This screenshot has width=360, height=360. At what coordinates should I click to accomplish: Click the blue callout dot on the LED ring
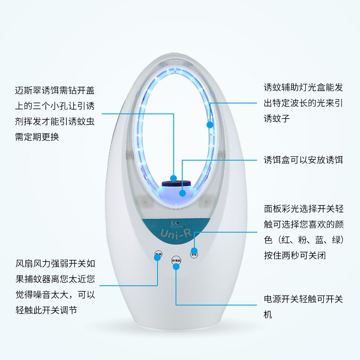point(209,124)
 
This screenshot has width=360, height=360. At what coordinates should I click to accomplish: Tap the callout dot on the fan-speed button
point(158,260)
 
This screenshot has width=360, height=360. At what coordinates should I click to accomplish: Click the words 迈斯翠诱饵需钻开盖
point(55,90)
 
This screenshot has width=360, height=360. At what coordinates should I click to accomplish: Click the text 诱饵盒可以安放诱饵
point(303,160)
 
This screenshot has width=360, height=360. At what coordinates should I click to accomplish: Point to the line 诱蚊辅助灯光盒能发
point(303,88)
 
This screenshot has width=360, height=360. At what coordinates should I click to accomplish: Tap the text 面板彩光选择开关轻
point(303,209)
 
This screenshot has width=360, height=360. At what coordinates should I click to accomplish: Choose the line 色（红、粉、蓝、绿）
point(303,239)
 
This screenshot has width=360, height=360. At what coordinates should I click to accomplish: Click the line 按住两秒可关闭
point(295,255)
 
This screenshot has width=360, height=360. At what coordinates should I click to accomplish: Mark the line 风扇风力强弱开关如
point(55,264)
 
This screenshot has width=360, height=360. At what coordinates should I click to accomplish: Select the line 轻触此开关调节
point(49,310)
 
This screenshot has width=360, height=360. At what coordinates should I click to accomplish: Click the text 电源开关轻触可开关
point(303,299)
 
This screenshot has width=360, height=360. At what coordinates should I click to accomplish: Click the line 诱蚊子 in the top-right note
point(277,119)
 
